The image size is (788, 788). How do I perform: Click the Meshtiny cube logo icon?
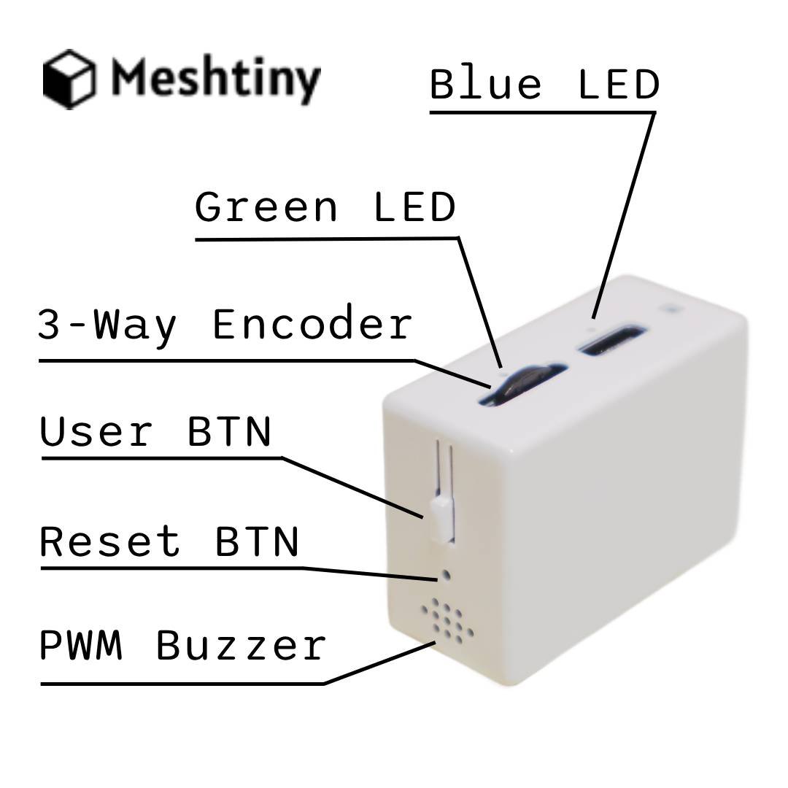pos(69,78)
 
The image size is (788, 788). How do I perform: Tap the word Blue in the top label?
pos(484,85)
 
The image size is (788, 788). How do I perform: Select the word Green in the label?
pos(266,207)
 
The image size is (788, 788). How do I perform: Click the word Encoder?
pos(312,324)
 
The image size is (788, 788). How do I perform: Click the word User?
pos(96,432)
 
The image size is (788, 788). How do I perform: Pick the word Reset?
pos(109,542)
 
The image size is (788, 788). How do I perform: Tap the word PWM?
pos(80,646)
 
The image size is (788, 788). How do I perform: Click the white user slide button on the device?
pos(441,518)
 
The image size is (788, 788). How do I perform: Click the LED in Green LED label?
pos(414,207)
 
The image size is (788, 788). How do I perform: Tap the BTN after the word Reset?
pos(258,542)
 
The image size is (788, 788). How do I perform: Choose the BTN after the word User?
pos(230,432)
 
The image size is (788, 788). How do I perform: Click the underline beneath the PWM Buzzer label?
pos(182,684)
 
